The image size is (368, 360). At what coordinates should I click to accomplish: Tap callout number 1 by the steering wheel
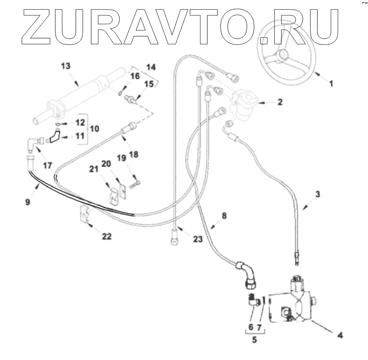pos(331,83)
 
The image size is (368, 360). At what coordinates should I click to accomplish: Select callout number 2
pos(266,102)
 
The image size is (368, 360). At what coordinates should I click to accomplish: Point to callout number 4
pos(340,334)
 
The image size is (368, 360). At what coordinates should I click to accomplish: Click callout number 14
pos(151,67)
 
